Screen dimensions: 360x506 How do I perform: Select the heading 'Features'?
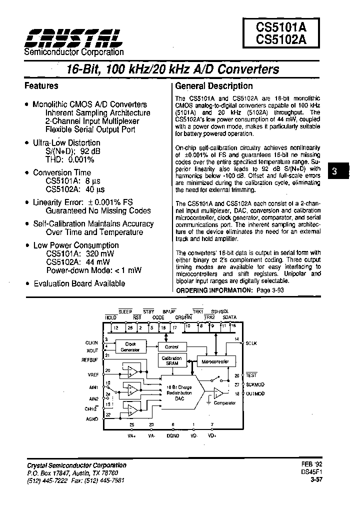pyautogui.click(x=41, y=85)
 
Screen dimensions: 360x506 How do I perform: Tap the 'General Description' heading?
pyautogui.click(x=214, y=85)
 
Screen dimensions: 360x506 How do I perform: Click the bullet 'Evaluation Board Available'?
pyautogui.click(x=79, y=283)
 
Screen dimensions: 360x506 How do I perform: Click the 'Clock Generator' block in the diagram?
pyautogui.click(x=130, y=346)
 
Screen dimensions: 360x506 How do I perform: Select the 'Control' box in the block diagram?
pyautogui.click(x=171, y=346)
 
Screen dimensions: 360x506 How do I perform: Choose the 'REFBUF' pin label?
pyautogui.click(x=90, y=359)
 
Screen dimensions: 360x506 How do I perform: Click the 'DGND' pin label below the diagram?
pyautogui.click(x=173, y=435)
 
